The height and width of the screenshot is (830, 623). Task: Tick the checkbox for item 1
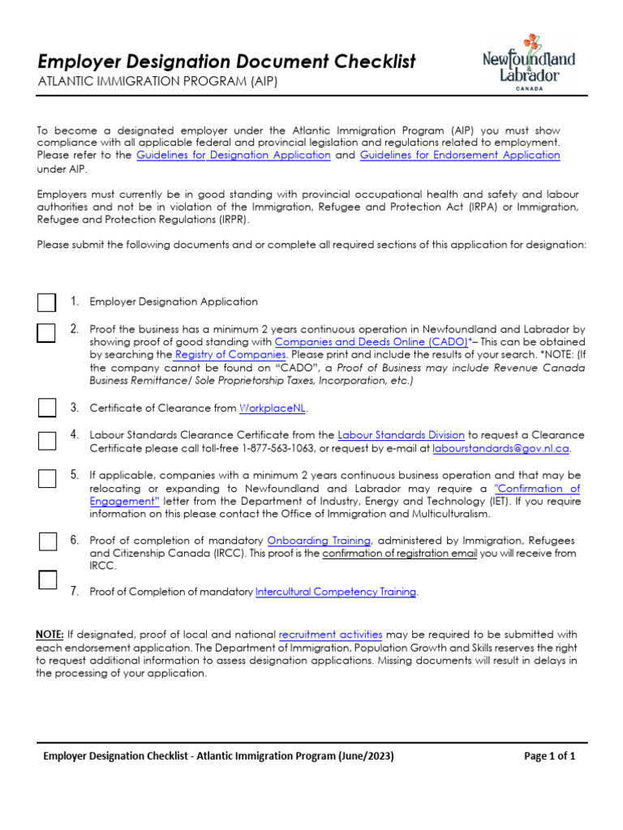(47, 302)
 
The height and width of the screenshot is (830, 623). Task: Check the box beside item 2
(47, 332)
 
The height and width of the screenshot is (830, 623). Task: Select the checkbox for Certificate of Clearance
(47, 407)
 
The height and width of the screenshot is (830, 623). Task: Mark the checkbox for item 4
(47, 440)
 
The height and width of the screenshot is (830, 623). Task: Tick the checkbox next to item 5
(47, 477)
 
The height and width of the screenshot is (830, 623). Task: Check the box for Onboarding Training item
(47, 541)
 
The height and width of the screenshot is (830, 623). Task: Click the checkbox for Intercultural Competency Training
(47, 580)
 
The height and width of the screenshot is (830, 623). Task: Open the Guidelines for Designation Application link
(233, 155)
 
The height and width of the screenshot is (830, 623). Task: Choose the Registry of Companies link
(230, 355)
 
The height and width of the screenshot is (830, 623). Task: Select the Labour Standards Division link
(401, 435)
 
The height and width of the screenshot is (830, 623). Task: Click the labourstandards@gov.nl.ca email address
(501, 448)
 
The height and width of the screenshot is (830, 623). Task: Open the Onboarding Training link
(320, 541)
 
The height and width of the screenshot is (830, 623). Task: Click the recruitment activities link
(329, 634)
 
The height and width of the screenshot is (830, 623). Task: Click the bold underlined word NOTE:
(50, 634)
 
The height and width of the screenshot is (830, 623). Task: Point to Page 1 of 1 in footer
(550, 756)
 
